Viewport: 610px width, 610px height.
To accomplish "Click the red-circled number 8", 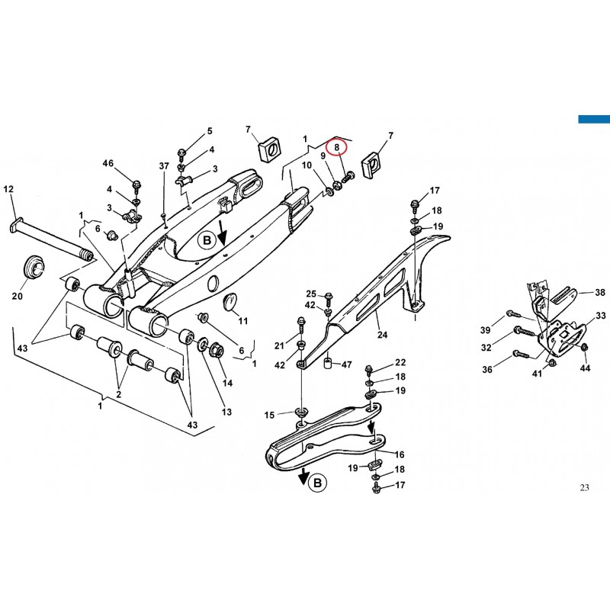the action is [337, 147].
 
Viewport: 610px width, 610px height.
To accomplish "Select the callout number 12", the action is [8, 189].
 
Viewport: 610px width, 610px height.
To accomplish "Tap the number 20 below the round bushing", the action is [18, 296].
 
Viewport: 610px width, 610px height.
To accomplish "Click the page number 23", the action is [584, 487].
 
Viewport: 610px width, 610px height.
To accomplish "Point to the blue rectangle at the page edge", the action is [594, 119].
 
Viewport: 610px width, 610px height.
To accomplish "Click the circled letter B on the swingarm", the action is [207, 240].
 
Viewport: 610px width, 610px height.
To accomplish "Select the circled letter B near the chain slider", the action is [317, 483].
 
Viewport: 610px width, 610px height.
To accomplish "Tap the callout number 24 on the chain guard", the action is [383, 335].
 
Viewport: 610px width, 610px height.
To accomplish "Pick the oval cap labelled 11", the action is [231, 301].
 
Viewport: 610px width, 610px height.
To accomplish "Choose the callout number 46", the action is [108, 163].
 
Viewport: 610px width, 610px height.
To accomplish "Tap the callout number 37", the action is [164, 166].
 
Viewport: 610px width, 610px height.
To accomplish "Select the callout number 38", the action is [600, 292].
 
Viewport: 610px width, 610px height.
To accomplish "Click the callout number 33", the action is [601, 316].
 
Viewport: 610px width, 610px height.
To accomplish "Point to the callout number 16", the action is [400, 454].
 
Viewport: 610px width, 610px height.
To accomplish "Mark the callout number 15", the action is [270, 415].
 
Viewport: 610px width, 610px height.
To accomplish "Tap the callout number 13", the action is [226, 412].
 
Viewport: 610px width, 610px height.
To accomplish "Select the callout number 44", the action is [585, 368].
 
